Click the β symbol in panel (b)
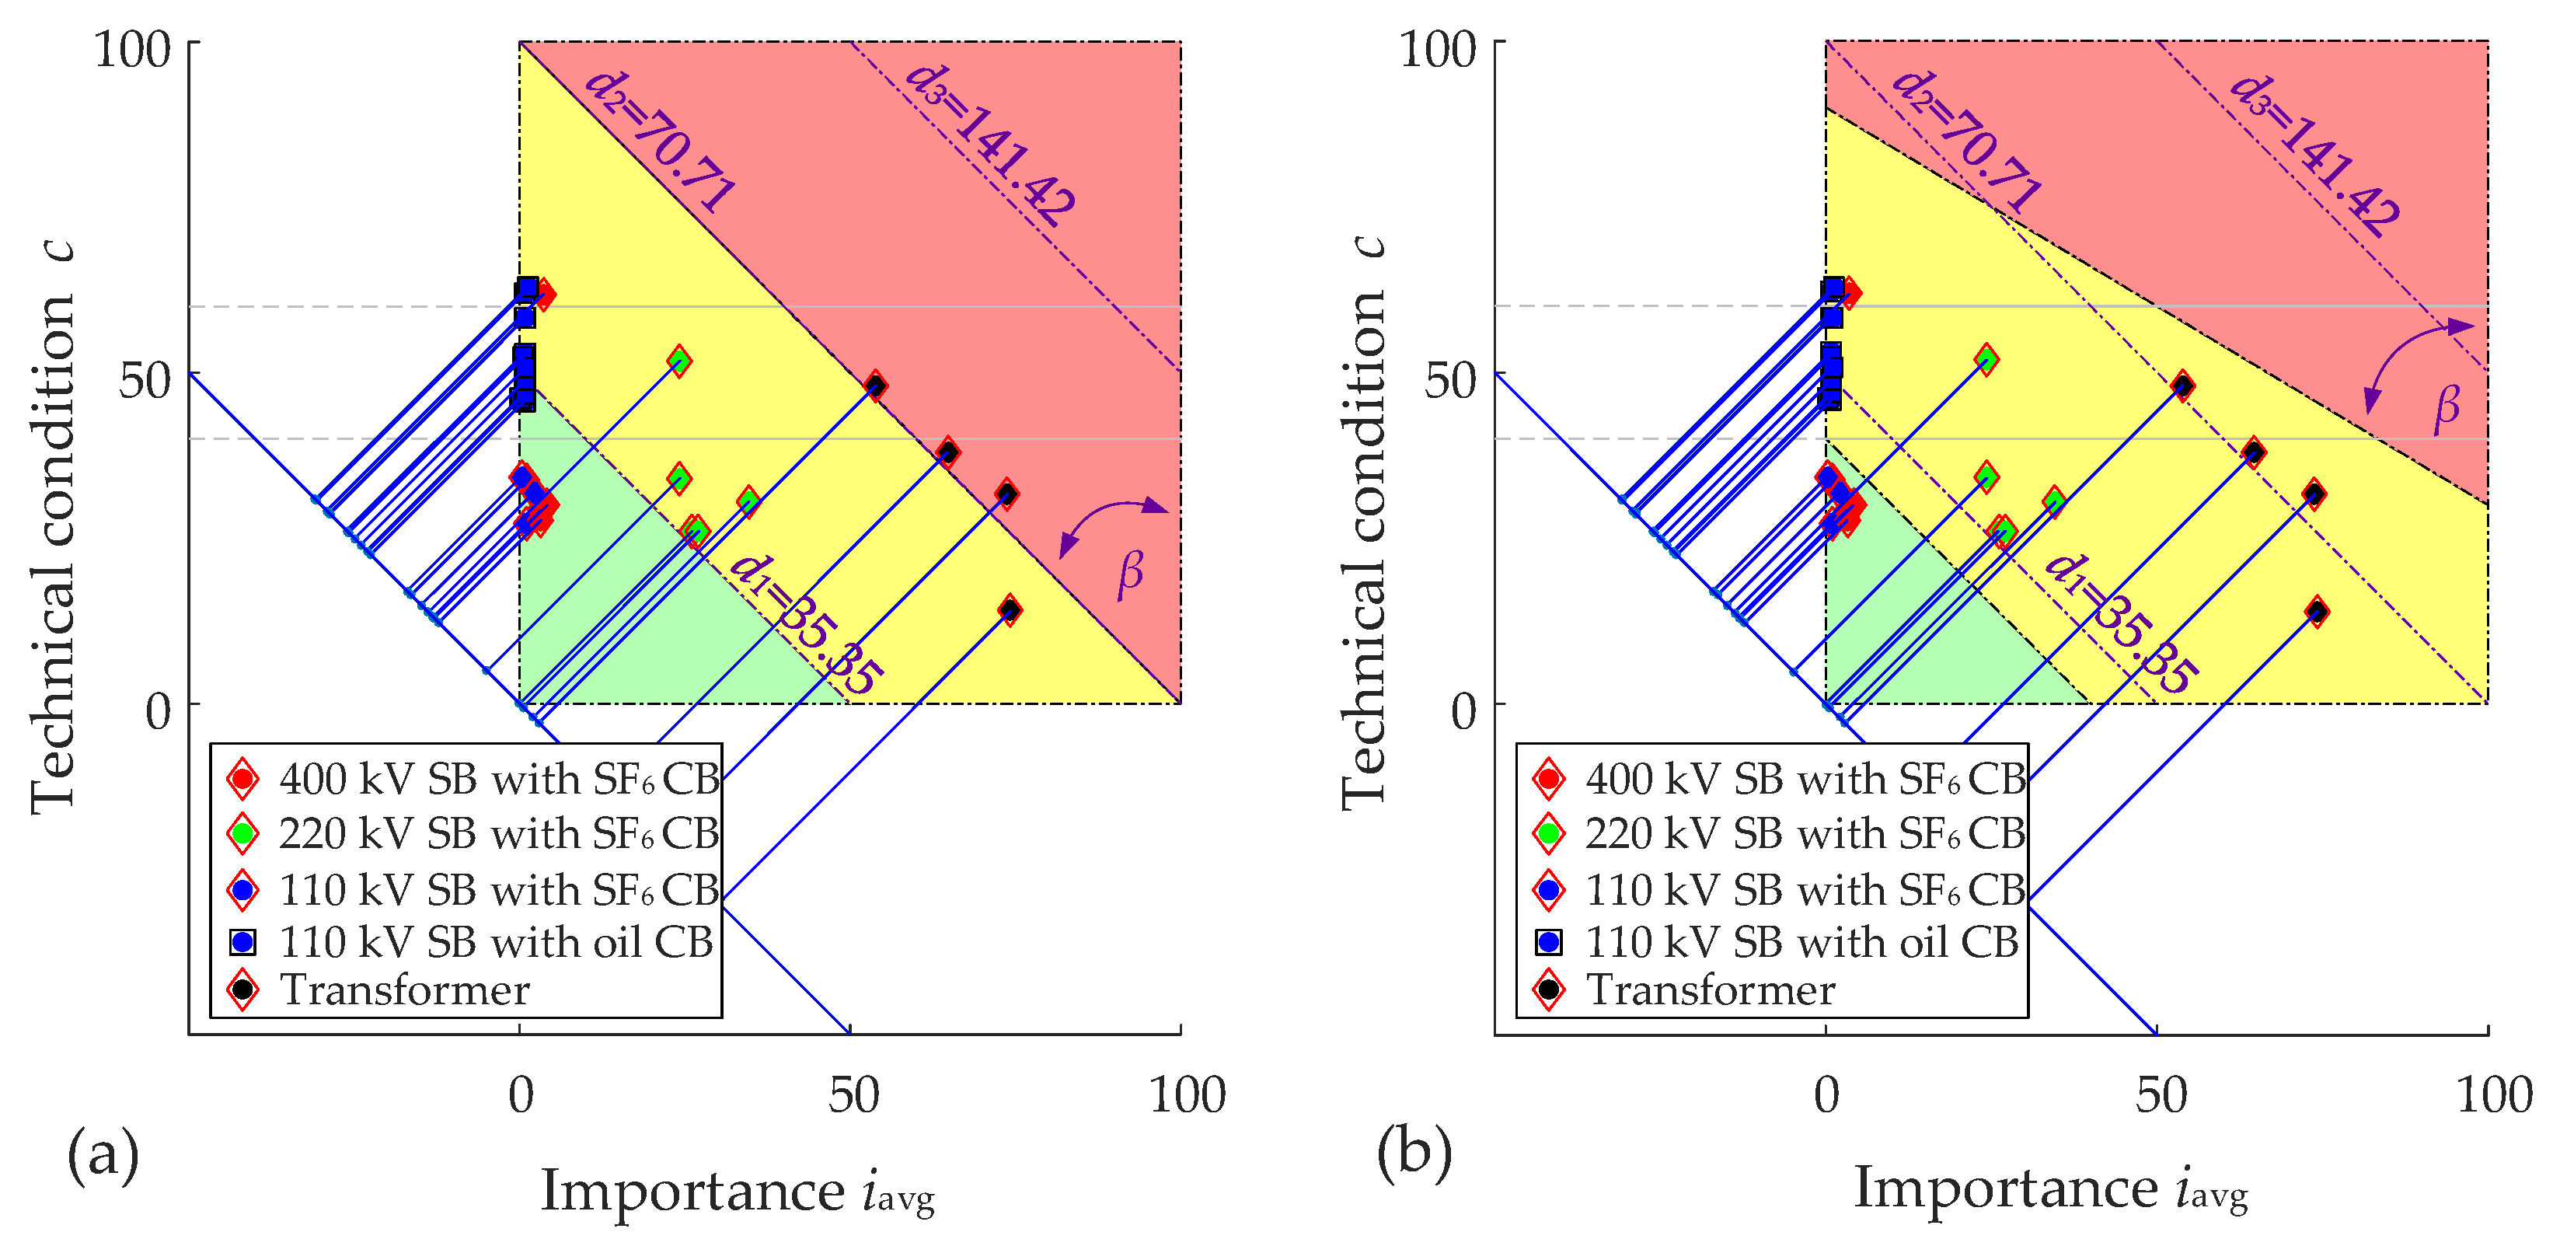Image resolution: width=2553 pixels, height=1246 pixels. [2447, 407]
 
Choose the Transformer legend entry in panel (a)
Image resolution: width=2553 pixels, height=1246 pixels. [404, 990]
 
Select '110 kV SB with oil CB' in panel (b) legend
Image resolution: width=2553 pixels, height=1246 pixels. [1801, 941]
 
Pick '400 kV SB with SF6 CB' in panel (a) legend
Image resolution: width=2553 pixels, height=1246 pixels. [498, 779]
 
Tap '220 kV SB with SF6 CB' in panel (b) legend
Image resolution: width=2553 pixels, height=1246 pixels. [1805, 833]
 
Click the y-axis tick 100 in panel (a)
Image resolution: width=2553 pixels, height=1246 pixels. [133, 47]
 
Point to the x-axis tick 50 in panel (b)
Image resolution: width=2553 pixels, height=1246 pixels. [2161, 1096]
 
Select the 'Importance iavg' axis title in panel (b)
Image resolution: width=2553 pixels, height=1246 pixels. [2049, 1189]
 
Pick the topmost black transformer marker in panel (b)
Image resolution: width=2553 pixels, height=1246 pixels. [2182, 386]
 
